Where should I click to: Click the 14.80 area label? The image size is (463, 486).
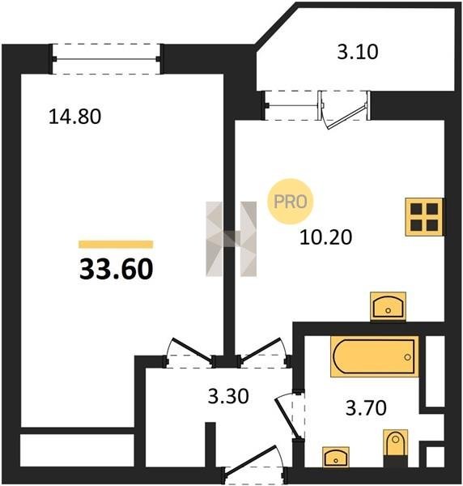(x=75, y=117)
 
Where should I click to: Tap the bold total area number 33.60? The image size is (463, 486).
(x=116, y=269)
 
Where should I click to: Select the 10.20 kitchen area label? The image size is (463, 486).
(x=326, y=237)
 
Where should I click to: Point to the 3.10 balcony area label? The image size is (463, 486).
(x=358, y=52)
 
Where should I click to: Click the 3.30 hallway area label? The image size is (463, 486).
(x=228, y=396)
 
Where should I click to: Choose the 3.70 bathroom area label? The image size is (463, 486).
(x=366, y=407)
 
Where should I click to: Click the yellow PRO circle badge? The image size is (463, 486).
(x=291, y=202)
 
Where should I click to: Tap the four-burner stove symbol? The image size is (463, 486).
(x=424, y=217)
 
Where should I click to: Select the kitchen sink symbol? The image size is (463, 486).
(x=389, y=306)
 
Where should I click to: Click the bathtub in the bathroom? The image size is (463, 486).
(x=375, y=356)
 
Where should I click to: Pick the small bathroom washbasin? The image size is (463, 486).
(x=336, y=457)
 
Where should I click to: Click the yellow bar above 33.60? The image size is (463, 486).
(x=116, y=245)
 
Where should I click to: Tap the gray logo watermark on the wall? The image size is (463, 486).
(x=231, y=239)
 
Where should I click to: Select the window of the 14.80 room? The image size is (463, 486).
(x=107, y=59)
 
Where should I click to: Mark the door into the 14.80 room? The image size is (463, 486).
(x=189, y=353)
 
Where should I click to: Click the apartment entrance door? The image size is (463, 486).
(x=255, y=463)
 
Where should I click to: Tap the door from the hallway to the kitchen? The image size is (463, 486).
(x=264, y=352)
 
